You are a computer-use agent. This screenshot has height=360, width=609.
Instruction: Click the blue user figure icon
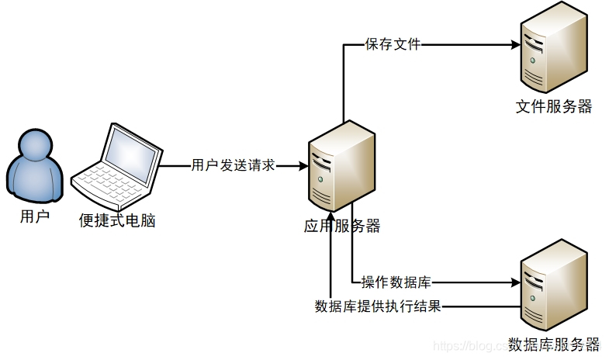34,167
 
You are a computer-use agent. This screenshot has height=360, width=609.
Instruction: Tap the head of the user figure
34,145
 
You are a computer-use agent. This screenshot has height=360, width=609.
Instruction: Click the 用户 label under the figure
34,216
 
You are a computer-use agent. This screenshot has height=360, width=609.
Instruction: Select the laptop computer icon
117,166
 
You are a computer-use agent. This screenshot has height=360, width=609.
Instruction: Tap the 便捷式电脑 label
117,221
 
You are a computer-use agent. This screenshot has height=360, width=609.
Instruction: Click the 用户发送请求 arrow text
234,165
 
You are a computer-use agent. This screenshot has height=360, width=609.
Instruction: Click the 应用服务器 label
342,227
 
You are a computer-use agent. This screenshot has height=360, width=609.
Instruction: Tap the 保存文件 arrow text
393,44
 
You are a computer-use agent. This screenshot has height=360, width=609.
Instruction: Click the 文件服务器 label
553,107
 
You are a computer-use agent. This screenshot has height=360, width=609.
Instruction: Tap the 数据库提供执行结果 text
378,306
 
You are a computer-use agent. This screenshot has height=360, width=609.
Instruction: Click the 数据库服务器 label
553,344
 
